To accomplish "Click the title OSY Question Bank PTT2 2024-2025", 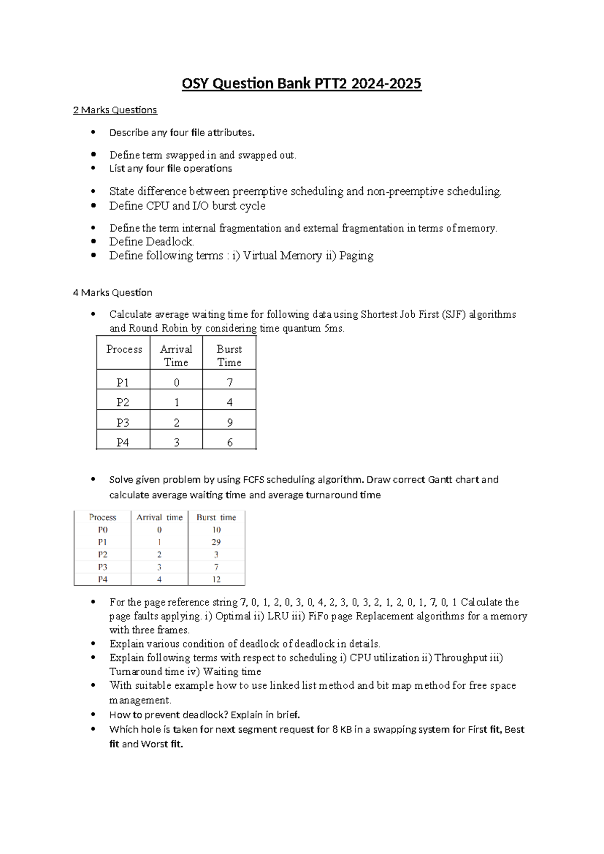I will (x=301, y=83).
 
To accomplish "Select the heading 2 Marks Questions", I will (x=115, y=110).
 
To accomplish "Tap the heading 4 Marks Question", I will (x=112, y=293).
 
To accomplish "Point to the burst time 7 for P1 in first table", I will (x=230, y=383).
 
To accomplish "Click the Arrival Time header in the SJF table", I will (x=176, y=355).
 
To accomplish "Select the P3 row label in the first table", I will (x=123, y=422).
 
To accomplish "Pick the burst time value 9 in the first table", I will (x=230, y=422).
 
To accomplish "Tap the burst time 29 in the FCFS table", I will (x=216, y=542).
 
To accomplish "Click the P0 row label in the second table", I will (x=103, y=530).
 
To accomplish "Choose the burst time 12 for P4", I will (x=216, y=580).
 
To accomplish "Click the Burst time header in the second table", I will (x=216, y=517).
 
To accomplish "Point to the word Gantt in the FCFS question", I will (x=440, y=479).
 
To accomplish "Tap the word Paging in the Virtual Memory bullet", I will (x=356, y=256).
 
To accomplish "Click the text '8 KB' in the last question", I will (x=342, y=729).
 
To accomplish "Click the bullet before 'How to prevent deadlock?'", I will (x=93, y=714).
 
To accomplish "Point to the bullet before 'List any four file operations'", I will (x=93, y=168).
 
